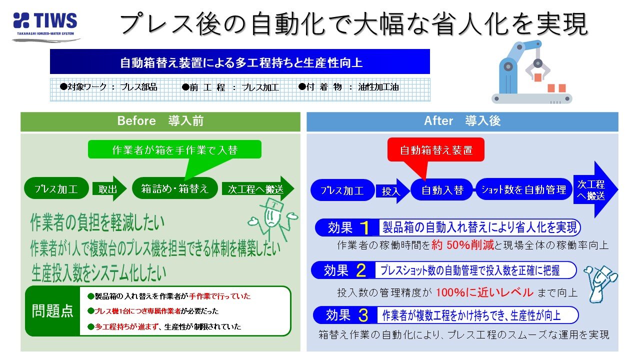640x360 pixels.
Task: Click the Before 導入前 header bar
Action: (x=160, y=121)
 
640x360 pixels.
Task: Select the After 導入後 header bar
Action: (x=462, y=121)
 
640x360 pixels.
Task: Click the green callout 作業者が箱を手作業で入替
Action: (x=174, y=149)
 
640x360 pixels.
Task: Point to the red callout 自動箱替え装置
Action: (x=436, y=149)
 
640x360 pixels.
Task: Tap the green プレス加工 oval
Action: (x=55, y=189)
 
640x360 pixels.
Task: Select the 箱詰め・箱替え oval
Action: (x=174, y=189)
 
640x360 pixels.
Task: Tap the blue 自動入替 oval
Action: (x=442, y=190)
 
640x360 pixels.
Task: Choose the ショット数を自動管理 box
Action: (x=523, y=189)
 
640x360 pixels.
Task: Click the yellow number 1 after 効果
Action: (x=365, y=228)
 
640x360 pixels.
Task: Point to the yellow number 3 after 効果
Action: (x=363, y=315)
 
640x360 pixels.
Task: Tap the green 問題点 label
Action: (x=52, y=311)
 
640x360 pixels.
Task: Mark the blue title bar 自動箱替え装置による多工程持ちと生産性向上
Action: (x=240, y=62)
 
